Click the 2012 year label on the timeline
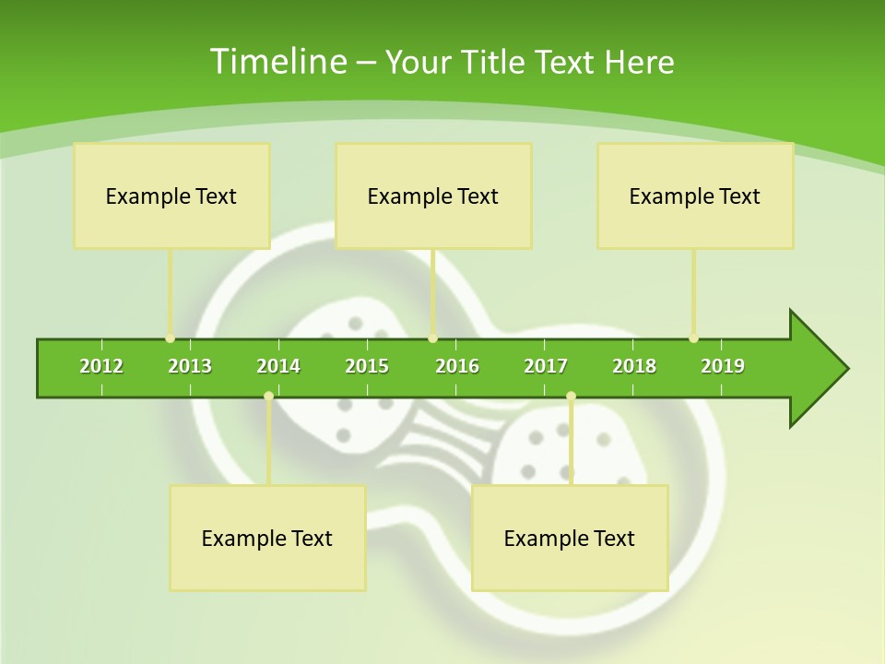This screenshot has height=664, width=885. tap(101, 366)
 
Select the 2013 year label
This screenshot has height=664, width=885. tap(190, 366)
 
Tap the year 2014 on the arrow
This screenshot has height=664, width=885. tap(278, 366)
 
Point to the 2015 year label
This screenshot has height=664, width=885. tap(367, 366)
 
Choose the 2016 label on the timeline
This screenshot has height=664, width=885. tap(457, 366)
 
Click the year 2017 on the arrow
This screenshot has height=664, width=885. tap(546, 366)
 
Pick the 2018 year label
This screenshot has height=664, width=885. tap(634, 366)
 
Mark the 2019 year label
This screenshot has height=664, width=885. tap(723, 366)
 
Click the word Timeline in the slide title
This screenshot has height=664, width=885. tap(277, 62)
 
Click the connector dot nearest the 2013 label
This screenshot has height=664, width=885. tap(170, 338)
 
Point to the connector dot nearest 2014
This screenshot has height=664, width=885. tap(268, 397)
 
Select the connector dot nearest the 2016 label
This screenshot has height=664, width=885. tap(432, 338)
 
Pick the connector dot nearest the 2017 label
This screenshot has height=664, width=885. tap(571, 397)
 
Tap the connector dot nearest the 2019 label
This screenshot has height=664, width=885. tap(693, 338)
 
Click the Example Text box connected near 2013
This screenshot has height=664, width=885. tap(171, 196)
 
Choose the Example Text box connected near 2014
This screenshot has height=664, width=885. tap(267, 538)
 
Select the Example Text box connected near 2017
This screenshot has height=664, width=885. tap(570, 538)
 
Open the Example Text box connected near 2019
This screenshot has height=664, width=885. tap(695, 196)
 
